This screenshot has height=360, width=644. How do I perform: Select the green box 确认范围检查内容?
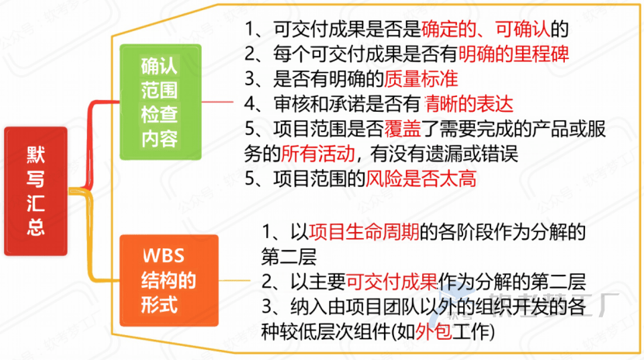pyautogui.click(x=159, y=101)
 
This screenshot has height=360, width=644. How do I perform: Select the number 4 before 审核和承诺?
pyautogui.click(x=249, y=103)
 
